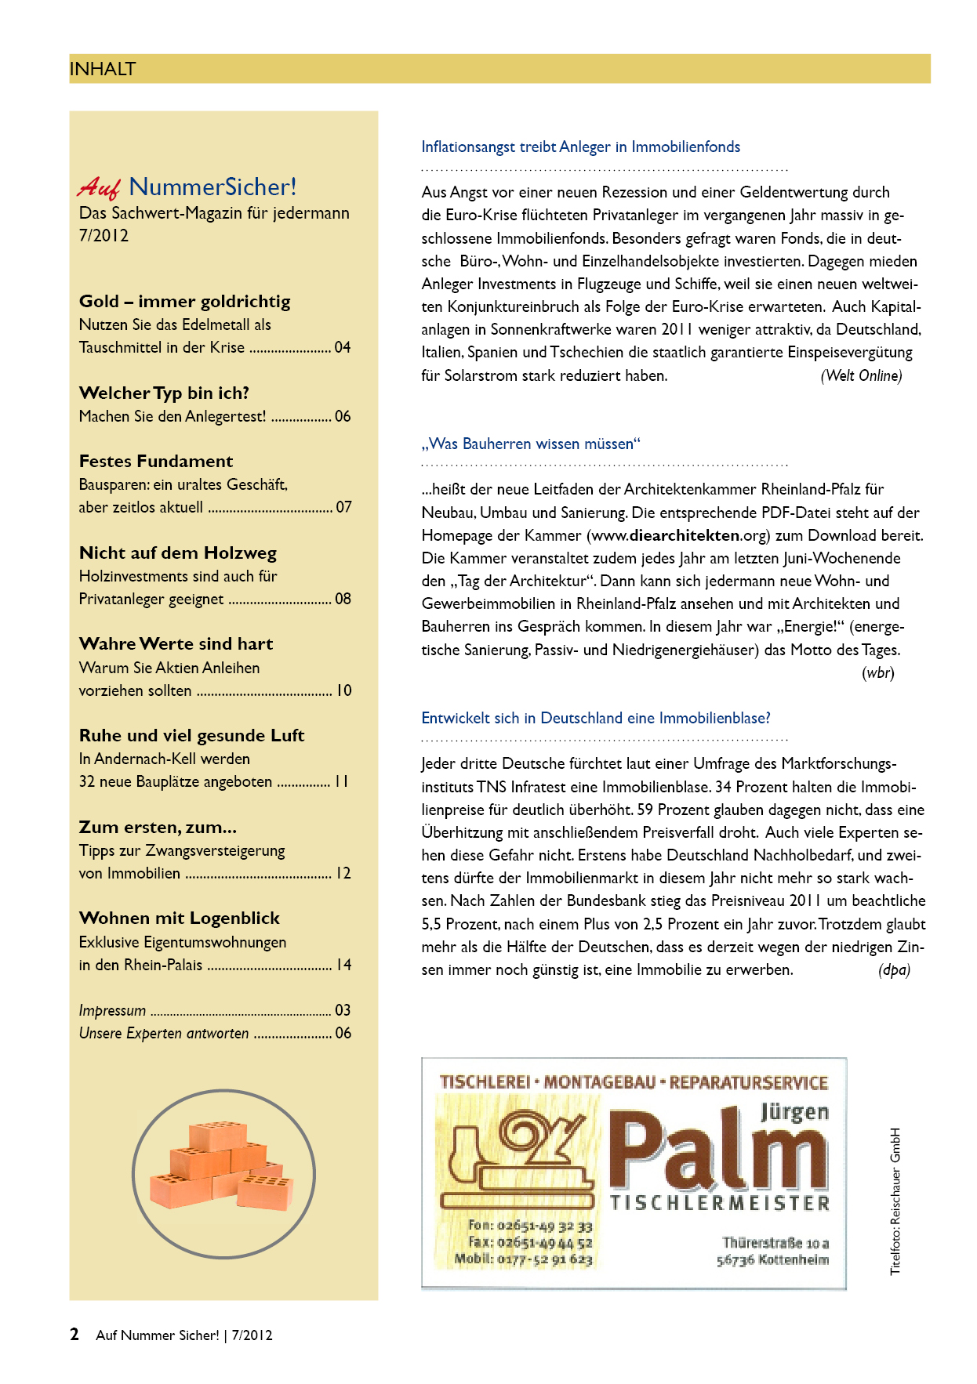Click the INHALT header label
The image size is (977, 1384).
103,69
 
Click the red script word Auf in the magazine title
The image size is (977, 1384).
99,187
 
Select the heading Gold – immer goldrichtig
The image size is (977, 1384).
185,302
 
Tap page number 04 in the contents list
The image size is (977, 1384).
343,347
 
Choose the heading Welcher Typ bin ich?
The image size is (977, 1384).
164,393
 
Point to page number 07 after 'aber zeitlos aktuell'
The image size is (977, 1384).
343,507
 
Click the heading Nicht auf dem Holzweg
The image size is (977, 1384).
178,553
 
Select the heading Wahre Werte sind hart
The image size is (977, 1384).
176,644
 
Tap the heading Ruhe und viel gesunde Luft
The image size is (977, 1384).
191,736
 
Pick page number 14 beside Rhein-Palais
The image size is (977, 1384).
343,965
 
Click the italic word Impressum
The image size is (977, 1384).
112,1010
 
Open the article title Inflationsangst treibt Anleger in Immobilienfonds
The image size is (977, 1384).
580,147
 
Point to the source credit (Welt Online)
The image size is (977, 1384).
861,376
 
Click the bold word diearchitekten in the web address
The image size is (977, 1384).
685,536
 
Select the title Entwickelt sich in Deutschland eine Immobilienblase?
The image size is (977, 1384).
596,719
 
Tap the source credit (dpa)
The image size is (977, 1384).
894,970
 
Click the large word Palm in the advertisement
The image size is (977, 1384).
717,1148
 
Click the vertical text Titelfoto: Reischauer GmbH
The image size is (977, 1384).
895,1201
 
